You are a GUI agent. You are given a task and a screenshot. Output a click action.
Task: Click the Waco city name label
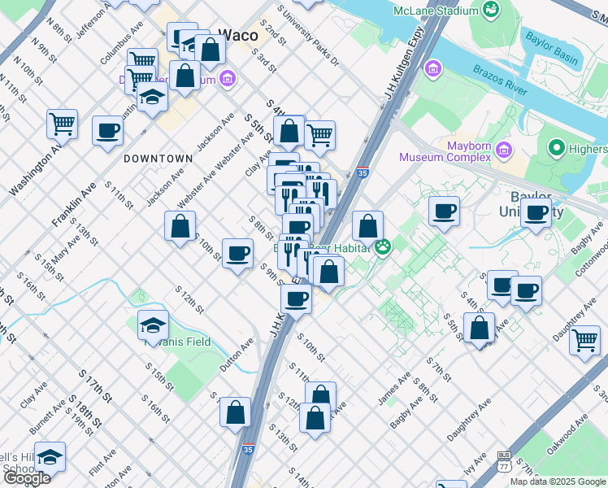[239, 35]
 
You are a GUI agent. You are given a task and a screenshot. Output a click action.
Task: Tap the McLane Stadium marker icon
[490, 10]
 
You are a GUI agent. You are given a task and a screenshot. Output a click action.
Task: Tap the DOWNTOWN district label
[158, 159]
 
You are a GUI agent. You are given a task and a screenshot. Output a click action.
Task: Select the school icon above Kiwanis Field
[153, 325]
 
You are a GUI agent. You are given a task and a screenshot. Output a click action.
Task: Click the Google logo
[26, 478]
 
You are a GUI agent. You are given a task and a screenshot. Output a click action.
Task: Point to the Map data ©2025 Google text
[558, 481]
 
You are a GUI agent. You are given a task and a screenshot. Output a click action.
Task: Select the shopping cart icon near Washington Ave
[62, 124]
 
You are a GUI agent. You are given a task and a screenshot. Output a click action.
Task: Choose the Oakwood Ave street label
[567, 440]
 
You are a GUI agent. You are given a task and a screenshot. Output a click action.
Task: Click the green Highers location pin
[557, 148]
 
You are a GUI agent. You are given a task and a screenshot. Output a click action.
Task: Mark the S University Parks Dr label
[308, 35]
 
